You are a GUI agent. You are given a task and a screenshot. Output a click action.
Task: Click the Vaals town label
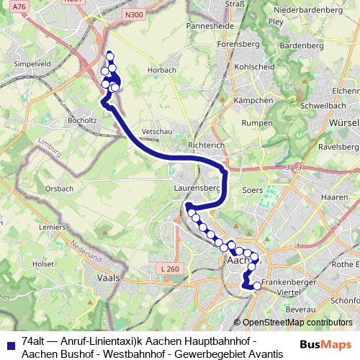[x=107, y=278]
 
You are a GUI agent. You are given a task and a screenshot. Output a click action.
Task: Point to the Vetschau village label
[x=156, y=132]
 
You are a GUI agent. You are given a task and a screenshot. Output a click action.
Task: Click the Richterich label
[x=207, y=145]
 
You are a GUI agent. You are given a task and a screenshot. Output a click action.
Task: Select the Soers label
[x=253, y=191]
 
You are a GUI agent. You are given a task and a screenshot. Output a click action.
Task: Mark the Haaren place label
[x=334, y=197]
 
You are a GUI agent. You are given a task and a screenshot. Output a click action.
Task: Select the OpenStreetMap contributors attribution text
[x=297, y=323]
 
